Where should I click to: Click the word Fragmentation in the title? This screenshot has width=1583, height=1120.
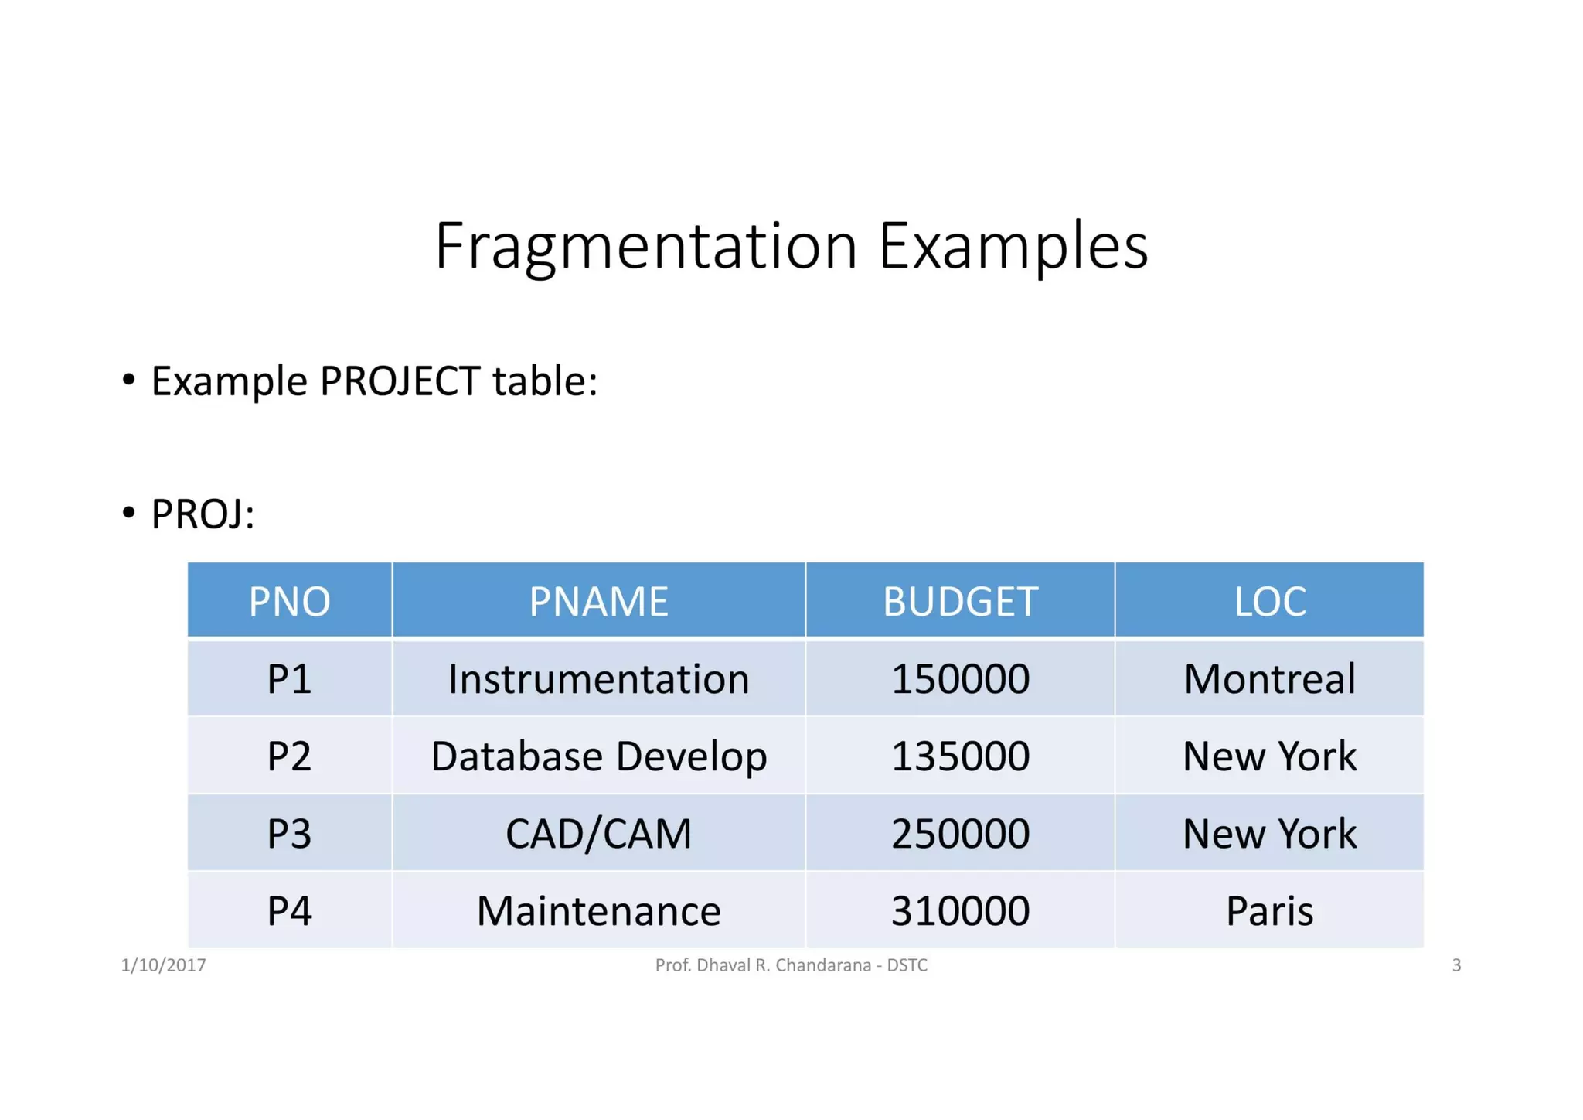click(645, 246)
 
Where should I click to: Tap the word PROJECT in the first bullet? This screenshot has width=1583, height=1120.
click(400, 381)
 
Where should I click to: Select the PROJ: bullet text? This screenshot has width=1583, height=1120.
click(203, 514)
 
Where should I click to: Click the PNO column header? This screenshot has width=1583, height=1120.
click(289, 601)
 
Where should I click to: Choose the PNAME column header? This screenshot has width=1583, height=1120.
click(598, 601)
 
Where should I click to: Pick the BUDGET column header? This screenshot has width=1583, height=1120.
click(959, 601)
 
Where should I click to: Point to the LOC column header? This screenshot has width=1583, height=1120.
click(1269, 601)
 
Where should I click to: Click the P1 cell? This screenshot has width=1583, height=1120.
click(289, 679)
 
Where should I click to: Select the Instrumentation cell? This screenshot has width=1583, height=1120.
click(598, 679)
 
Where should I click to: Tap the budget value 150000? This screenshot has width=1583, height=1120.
click(959, 679)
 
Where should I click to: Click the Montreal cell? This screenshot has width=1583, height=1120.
click(1269, 679)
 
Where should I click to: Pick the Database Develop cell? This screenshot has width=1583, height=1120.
click(598, 756)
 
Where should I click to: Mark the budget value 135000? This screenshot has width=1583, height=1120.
click(959, 756)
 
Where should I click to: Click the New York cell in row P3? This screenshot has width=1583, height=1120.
click(1269, 834)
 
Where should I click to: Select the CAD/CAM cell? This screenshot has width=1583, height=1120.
click(598, 834)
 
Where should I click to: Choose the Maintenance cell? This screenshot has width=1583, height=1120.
click(598, 911)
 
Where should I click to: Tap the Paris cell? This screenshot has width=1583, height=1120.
click(1269, 911)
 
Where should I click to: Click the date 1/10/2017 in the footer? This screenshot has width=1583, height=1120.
click(163, 965)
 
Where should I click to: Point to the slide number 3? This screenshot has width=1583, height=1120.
click(1456, 965)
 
